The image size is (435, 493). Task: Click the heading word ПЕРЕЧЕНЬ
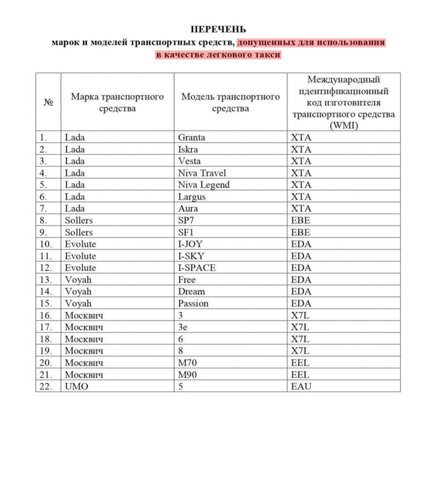click(x=218, y=29)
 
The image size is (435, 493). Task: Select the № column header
click(x=48, y=102)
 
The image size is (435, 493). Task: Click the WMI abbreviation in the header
click(x=344, y=126)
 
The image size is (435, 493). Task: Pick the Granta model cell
click(x=191, y=138)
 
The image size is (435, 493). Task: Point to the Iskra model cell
click(x=188, y=149)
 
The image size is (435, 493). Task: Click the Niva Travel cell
click(x=202, y=173)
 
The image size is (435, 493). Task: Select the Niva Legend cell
click(x=204, y=185)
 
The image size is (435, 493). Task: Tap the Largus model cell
click(x=192, y=197)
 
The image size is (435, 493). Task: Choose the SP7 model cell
click(x=186, y=220)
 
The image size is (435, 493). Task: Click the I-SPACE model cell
click(x=197, y=268)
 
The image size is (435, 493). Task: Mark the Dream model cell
click(x=191, y=292)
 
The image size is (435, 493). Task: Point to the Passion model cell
click(x=193, y=304)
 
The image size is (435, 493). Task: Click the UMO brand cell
click(x=76, y=386)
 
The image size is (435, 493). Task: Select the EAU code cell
click(x=301, y=386)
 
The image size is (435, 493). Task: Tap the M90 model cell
click(x=187, y=374)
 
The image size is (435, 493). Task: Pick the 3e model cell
click(x=182, y=327)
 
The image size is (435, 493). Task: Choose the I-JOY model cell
click(x=190, y=244)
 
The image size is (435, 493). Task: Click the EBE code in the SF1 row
click(x=300, y=232)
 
